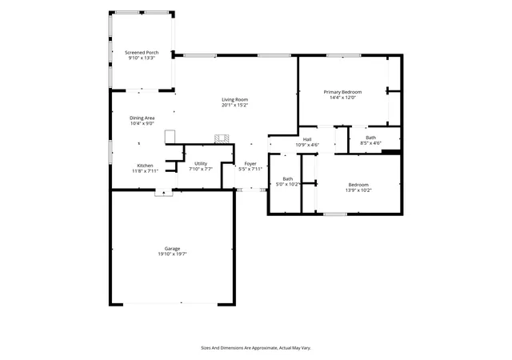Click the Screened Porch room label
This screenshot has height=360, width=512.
142,52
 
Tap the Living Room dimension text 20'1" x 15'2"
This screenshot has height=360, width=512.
234,105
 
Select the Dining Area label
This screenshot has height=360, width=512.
142,118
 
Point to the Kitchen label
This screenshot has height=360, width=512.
145,166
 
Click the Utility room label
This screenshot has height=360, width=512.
201,164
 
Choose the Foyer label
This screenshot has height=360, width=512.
250,164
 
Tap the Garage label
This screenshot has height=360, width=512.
173,249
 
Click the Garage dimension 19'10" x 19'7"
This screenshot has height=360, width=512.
173,254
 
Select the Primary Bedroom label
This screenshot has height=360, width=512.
342,92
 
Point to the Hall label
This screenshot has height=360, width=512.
307,139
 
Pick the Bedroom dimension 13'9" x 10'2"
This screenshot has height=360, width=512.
358,190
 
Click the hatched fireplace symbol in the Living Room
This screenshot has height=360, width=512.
222,139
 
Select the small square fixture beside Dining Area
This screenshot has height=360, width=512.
170,137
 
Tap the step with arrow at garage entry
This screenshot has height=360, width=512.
163,193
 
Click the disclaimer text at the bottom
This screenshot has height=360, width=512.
256,348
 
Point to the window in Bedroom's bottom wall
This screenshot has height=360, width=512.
335,214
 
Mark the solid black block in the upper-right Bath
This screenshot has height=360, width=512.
391,151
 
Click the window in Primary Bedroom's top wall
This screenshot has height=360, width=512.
343,55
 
